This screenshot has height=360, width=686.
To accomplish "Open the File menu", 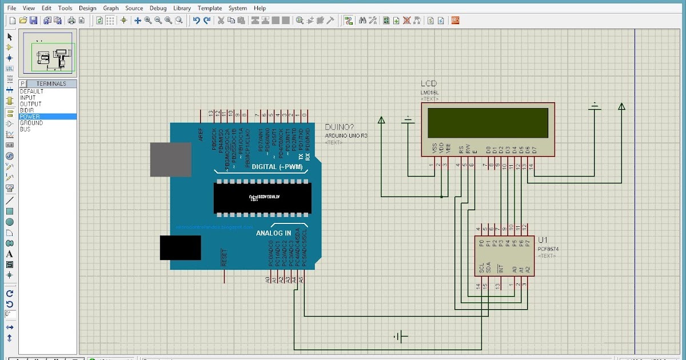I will click(11, 8).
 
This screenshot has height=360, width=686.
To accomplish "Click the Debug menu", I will click(158, 8).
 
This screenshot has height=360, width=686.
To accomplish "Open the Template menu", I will click(209, 8).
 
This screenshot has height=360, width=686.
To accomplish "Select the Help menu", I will click(260, 8).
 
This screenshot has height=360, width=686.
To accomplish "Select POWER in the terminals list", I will click(30, 117).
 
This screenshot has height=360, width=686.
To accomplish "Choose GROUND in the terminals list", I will click(31, 123).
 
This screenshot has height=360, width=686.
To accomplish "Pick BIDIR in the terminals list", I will click(27, 110).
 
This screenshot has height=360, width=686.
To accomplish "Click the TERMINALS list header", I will click(51, 83).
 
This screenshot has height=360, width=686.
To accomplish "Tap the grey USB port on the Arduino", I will click(171, 159).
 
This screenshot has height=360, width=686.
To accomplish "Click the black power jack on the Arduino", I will click(180, 247).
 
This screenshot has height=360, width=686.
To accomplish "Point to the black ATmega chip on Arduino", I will click(262, 198).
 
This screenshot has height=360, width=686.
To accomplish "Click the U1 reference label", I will click(543, 239).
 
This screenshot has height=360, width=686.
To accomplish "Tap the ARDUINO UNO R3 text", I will click(346, 135).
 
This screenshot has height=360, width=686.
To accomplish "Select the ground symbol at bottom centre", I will click(401, 337).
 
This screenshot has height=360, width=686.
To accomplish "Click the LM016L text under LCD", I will click(430, 92).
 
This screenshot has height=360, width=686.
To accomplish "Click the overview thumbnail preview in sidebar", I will click(49, 53).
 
